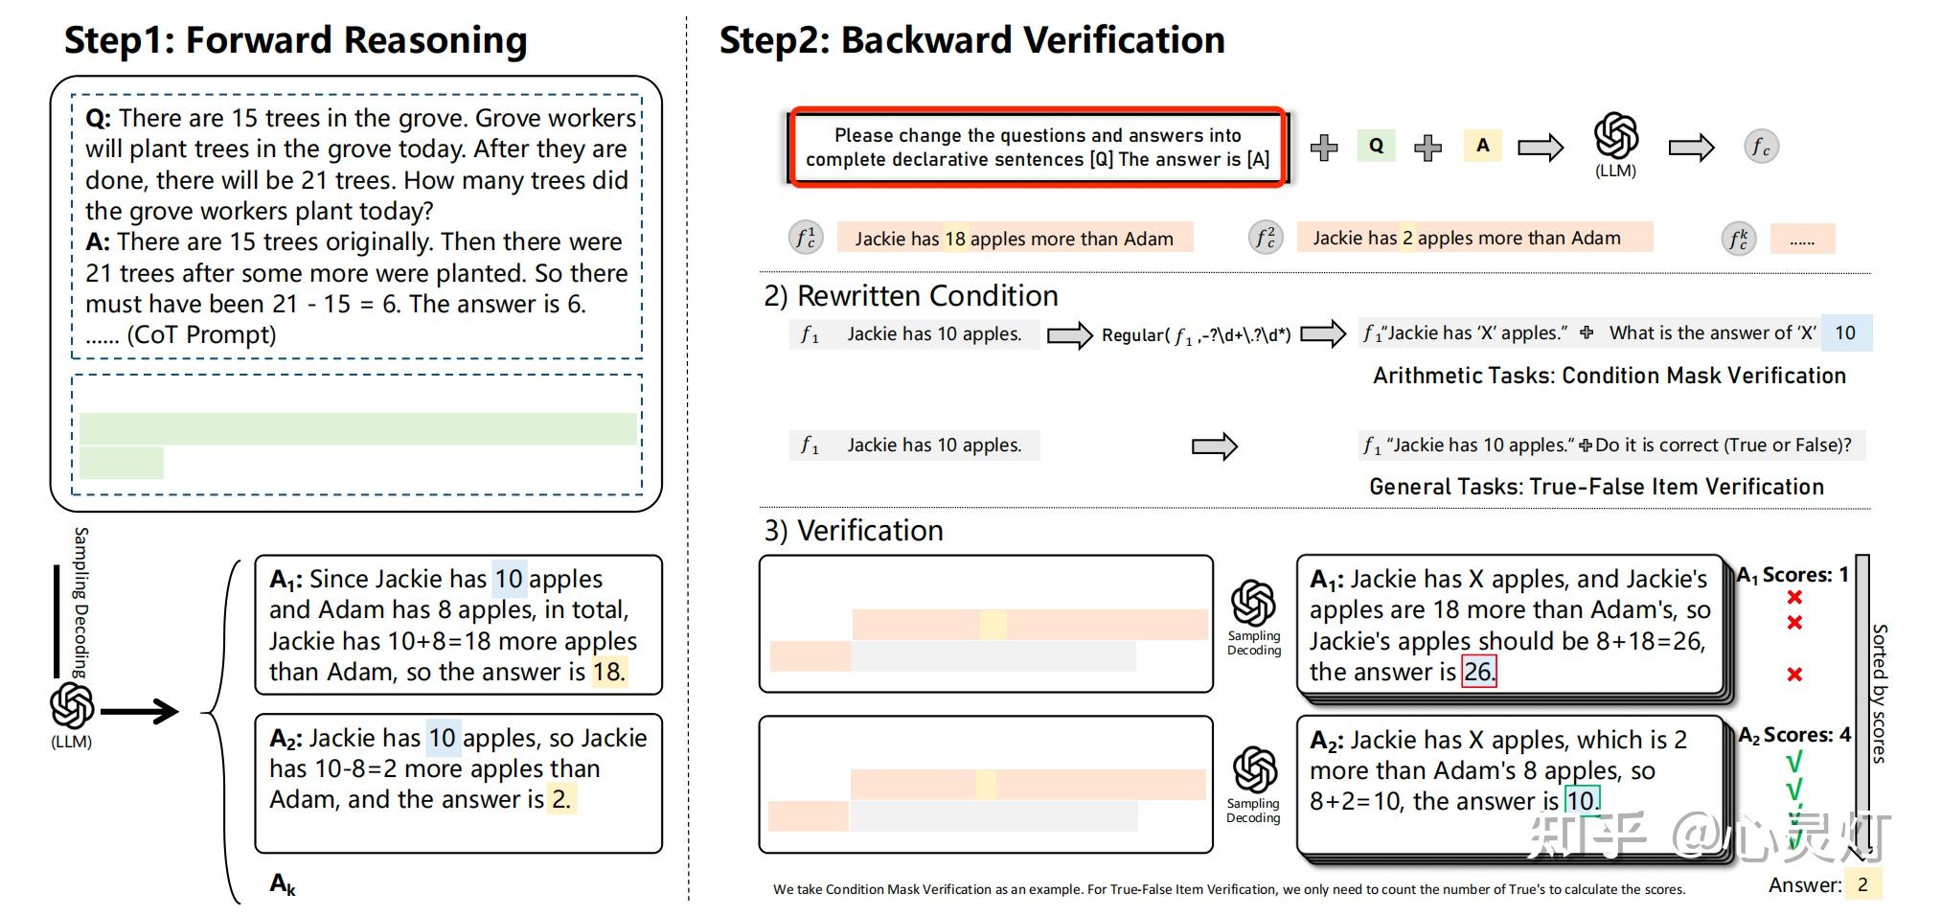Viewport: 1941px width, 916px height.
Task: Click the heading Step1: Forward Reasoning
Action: click(295, 40)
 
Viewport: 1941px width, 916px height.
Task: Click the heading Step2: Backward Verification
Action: click(971, 40)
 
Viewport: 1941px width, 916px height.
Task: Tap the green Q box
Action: click(1376, 146)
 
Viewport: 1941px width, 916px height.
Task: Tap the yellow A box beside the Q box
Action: click(1482, 146)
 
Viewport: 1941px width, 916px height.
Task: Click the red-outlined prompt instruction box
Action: click(1038, 147)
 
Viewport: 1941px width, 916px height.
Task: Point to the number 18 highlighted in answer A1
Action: click(607, 672)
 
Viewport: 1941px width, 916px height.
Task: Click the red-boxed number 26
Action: click(1478, 672)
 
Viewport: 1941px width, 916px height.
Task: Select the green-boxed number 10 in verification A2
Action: click(1581, 801)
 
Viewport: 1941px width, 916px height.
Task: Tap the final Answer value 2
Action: click(1862, 884)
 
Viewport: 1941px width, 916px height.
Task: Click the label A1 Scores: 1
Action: click(1793, 575)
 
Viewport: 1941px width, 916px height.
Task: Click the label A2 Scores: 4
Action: click(1794, 735)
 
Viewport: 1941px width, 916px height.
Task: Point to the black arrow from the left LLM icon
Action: click(140, 711)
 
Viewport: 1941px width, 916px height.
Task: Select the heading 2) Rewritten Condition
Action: click(911, 295)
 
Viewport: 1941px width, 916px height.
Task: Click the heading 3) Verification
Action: click(854, 530)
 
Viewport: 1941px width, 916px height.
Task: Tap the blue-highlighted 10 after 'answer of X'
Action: click(1845, 332)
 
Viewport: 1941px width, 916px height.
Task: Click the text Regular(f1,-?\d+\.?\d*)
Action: click(1196, 335)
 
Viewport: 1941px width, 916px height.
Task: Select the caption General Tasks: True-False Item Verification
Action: click(1596, 487)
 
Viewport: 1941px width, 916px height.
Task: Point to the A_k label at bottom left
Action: click(283, 883)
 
